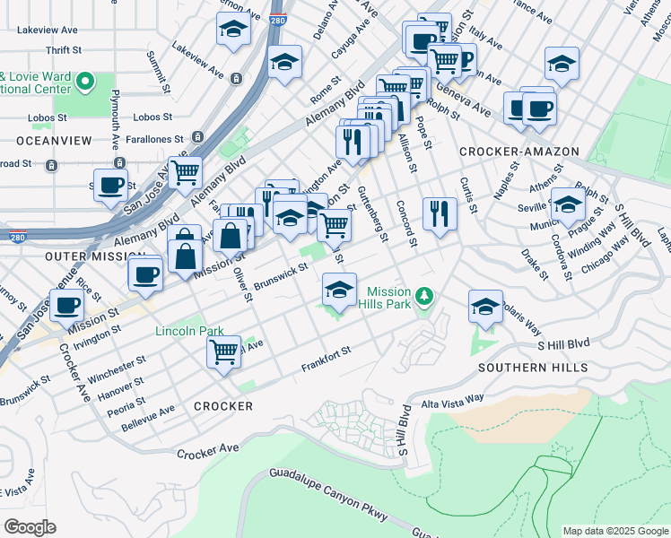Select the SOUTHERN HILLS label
click(x=533, y=368)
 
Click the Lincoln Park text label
click(x=189, y=331)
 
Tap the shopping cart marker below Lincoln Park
click(x=223, y=351)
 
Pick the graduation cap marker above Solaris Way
click(x=485, y=307)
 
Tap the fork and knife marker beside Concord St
click(x=439, y=213)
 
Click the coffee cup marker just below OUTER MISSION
click(x=144, y=274)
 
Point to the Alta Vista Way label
click(x=452, y=398)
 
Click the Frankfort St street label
click(x=325, y=360)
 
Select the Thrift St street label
click(x=63, y=51)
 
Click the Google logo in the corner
click(x=30, y=527)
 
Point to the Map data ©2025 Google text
click(x=614, y=531)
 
